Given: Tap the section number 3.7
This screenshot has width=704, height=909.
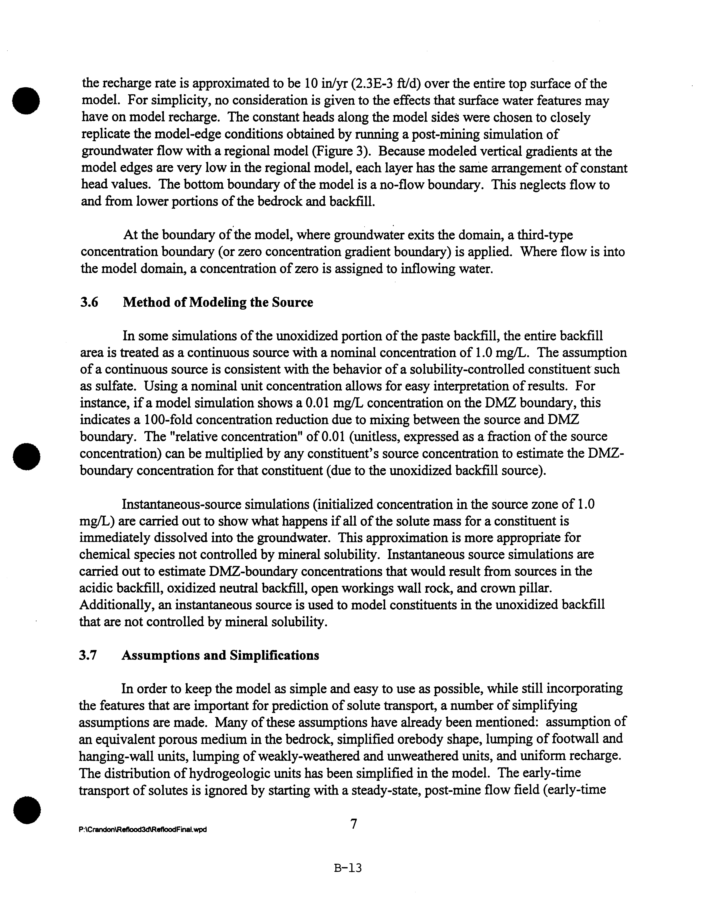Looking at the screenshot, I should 88,656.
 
